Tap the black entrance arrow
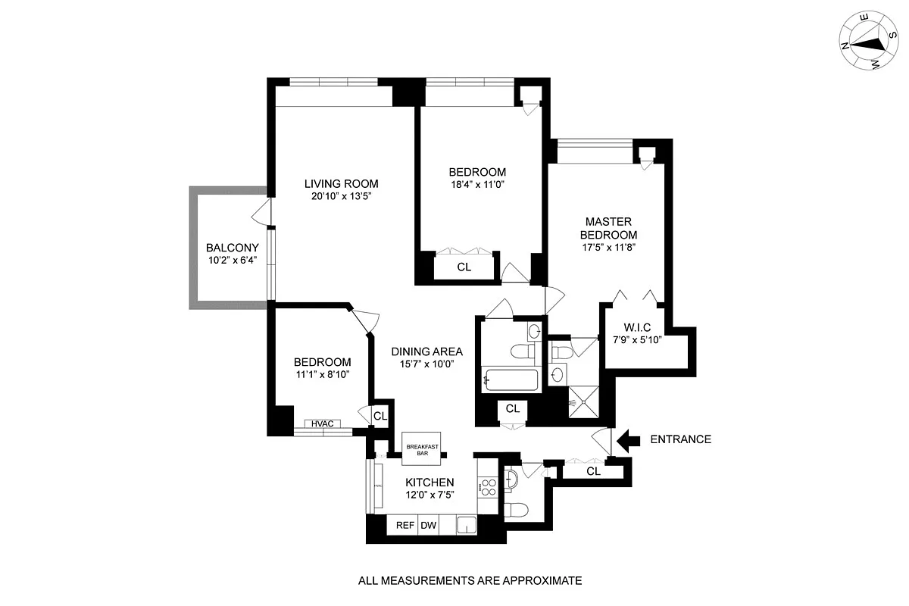click(629, 439)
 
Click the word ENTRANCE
click(681, 439)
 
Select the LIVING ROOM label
click(341, 184)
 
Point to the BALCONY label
click(233, 248)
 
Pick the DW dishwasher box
click(428, 525)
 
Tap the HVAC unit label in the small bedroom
click(322, 423)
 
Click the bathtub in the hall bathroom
click(511, 379)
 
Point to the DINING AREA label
click(426, 351)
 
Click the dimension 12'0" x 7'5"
click(430, 496)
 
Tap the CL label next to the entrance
click(593, 471)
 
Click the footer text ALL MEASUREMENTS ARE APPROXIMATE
click(470, 581)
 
